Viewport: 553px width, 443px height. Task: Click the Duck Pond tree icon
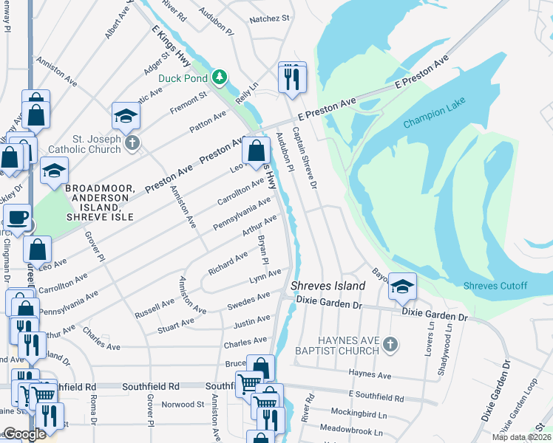(x=219, y=77)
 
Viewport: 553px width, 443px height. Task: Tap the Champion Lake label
(x=435, y=117)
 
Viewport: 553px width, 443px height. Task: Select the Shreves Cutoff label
(x=495, y=286)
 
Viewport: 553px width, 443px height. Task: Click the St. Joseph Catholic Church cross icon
(x=132, y=142)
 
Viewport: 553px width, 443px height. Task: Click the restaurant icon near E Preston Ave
(x=292, y=77)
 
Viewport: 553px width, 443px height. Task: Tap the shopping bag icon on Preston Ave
(x=255, y=151)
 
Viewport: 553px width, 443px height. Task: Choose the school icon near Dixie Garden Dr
(x=401, y=286)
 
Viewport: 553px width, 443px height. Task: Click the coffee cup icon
(x=17, y=217)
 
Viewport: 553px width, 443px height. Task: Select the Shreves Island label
(x=328, y=286)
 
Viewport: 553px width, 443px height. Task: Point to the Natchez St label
(x=268, y=18)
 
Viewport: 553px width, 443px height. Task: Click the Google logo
(x=24, y=434)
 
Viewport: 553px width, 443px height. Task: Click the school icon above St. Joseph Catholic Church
(x=126, y=115)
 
